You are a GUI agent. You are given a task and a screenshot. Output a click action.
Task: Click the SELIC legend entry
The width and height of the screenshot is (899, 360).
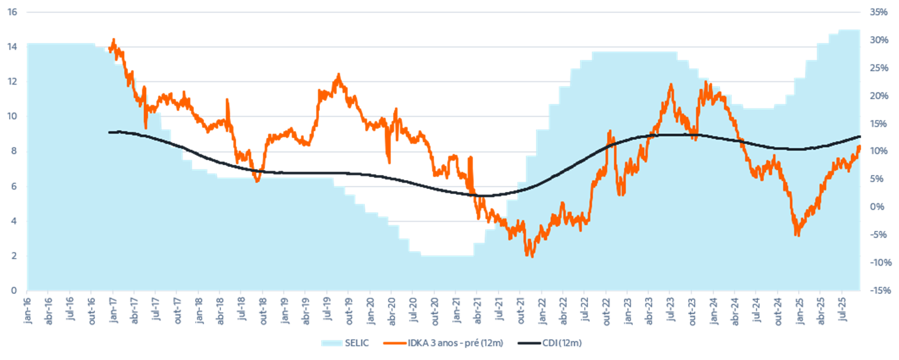pos(356,343)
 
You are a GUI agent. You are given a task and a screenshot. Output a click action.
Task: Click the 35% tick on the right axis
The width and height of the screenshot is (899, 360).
pos(878,12)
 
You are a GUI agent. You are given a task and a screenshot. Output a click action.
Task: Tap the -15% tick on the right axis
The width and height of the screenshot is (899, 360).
pos(878,291)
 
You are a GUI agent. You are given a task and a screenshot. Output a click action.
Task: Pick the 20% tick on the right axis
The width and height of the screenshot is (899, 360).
pos(878,95)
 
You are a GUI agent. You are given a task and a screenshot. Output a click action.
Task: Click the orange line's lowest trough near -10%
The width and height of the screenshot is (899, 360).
pos(530,256)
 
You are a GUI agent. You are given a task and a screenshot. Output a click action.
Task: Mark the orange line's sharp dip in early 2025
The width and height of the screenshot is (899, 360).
pos(797,234)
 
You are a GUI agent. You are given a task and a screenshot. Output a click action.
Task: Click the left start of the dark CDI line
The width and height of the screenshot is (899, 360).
pos(109,132)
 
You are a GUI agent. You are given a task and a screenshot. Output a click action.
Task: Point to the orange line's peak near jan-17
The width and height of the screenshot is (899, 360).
pos(113,39)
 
